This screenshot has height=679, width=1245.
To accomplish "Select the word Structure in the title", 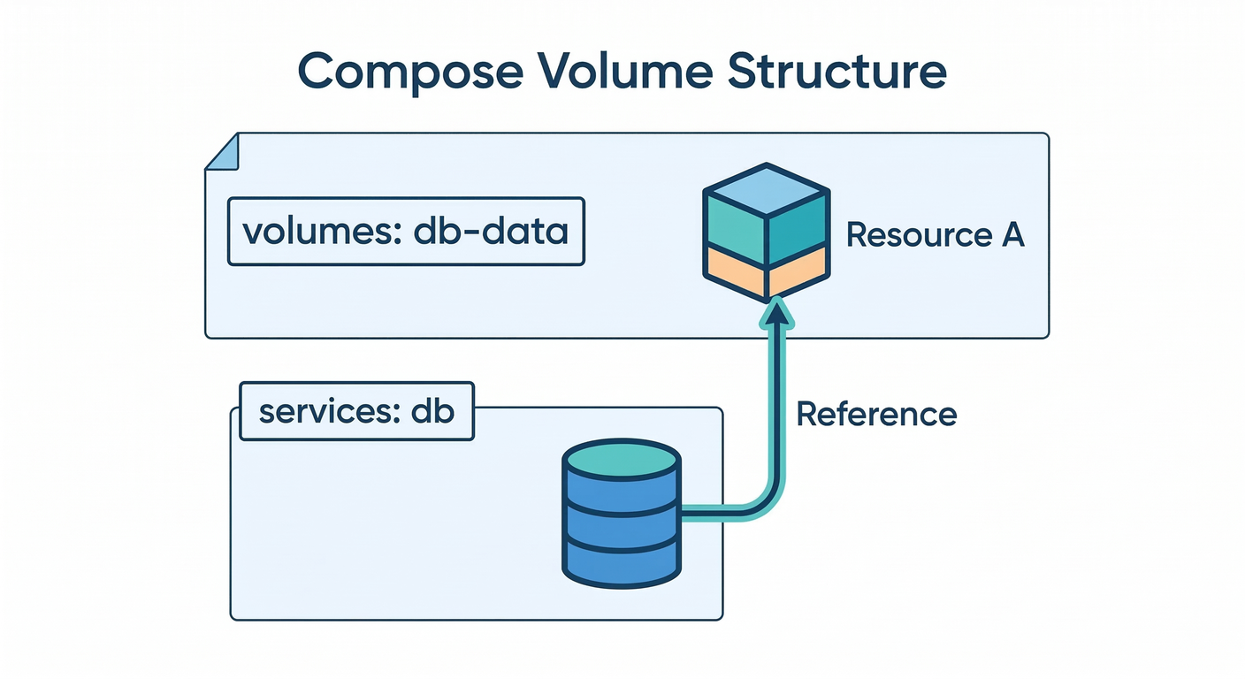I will pos(836,71).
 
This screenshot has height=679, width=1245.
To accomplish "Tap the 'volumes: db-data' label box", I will pos(406,232).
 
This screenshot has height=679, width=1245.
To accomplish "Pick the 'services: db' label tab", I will pos(356,412).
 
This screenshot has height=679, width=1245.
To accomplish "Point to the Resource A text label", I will pos(935,235).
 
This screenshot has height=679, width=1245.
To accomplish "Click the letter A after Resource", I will pos(1012,235).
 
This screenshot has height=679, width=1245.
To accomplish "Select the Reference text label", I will pos(876,414).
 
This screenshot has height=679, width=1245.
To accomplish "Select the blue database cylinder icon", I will pos(622,513).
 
